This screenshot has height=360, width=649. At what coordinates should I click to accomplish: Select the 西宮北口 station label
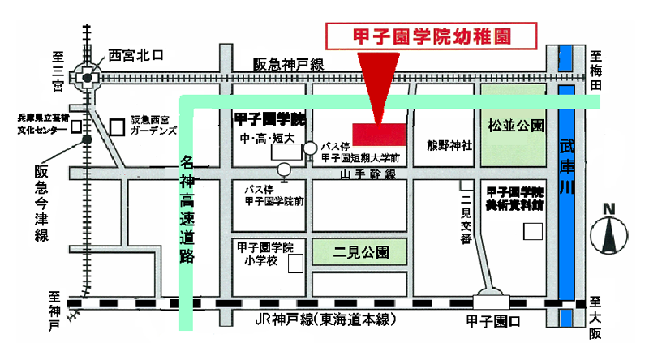point(135,56)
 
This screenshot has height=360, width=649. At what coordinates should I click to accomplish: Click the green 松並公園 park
point(514,127)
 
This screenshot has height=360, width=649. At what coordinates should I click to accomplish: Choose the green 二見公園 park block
point(362,251)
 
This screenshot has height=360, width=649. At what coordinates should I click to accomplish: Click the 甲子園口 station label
point(495,321)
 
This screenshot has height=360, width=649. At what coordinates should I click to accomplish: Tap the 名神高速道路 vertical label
point(187,207)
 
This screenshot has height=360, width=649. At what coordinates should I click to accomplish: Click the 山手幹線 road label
point(367,174)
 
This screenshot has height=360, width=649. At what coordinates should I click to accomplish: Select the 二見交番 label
point(465,219)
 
